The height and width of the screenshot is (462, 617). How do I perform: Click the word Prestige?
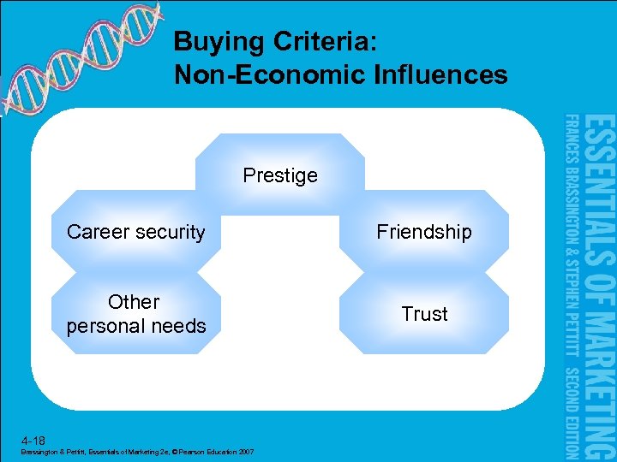pyautogui.click(x=280, y=176)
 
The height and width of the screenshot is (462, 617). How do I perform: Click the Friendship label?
pyautogui.click(x=424, y=233)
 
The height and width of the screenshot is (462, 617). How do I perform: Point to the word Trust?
pyautogui.click(x=424, y=314)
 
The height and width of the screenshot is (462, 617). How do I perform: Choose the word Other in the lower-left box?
pyautogui.click(x=134, y=302)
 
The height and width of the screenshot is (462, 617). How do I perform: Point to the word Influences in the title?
pyautogui.click(x=440, y=75)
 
